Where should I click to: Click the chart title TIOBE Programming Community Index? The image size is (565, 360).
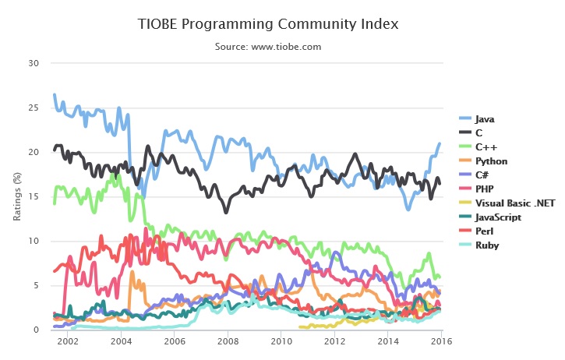click(x=267, y=24)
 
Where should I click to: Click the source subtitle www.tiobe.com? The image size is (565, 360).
click(x=267, y=47)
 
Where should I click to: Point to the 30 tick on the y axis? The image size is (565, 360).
click(x=33, y=63)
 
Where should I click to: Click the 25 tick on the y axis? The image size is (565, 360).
click(x=33, y=108)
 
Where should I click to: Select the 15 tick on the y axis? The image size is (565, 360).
click(x=33, y=196)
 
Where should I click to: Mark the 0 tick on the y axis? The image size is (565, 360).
click(x=36, y=330)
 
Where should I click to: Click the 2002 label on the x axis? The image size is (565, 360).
click(x=67, y=342)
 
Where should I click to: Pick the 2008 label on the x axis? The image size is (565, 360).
click(x=228, y=342)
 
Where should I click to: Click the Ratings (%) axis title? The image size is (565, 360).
click(x=16, y=196)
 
